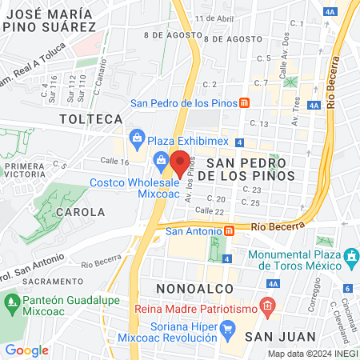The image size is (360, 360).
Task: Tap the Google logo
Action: coord(26,350)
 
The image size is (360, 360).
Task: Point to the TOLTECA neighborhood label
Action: coord(86,118)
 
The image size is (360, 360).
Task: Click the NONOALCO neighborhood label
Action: coord(195,288)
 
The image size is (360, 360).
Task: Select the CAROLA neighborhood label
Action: coord(80,212)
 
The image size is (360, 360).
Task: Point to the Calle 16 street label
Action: coord(114,162)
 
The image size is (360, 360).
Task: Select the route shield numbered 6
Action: coord(348,289)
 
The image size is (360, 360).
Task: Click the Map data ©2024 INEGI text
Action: coord(312,354)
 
